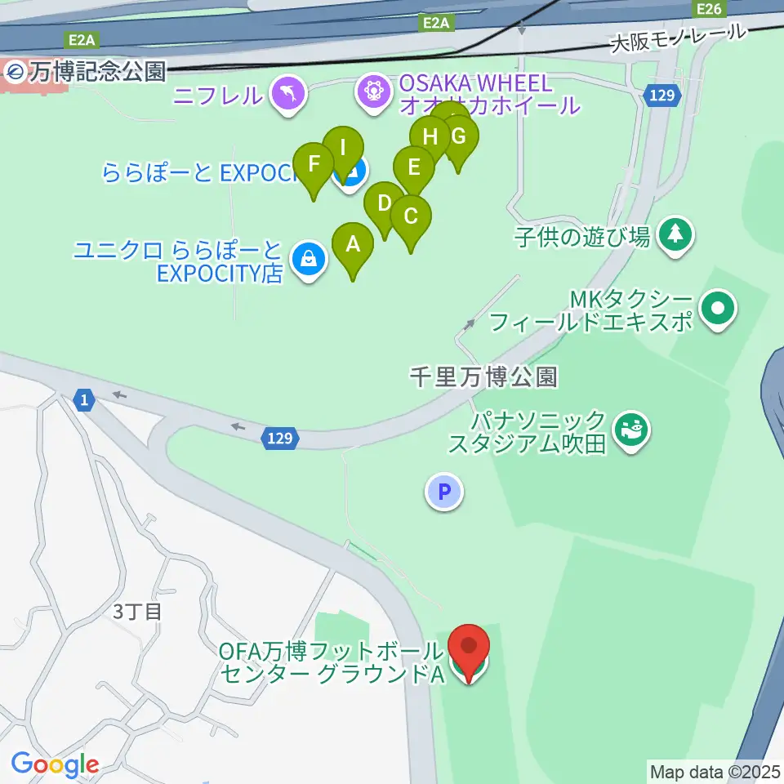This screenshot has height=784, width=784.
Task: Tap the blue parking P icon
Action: click(x=444, y=492)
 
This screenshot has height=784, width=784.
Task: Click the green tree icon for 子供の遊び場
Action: click(x=675, y=236)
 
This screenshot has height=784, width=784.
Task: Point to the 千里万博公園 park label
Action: click(x=483, y=376)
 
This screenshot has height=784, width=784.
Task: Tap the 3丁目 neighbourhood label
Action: click(x=136, y=612)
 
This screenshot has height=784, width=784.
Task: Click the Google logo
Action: click(x=56, y=765)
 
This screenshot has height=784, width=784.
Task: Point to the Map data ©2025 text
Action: click(x=715, y=770)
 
